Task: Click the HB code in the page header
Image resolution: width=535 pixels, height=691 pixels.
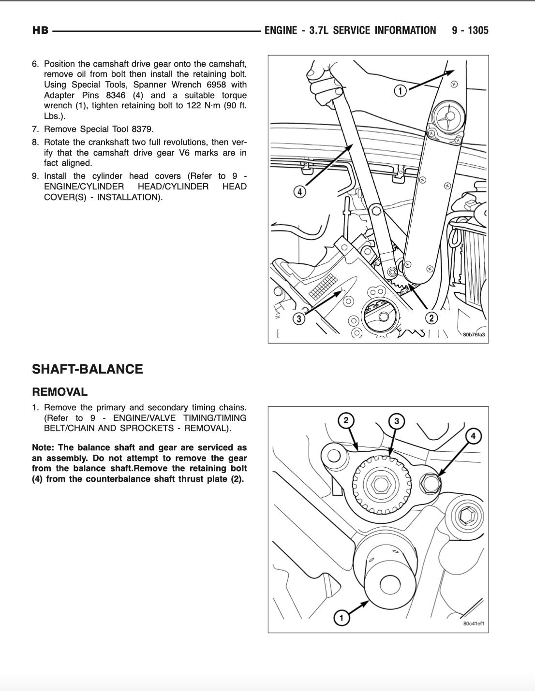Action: (x=40, y=30)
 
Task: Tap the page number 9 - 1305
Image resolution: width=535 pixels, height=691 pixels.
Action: (x=470, y=30)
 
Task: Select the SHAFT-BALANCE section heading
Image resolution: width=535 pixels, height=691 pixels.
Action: (x=87, y=369)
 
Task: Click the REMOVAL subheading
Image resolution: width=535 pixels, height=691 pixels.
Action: (x=59, y=392)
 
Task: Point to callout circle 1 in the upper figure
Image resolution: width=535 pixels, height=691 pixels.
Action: (x=400, y=90)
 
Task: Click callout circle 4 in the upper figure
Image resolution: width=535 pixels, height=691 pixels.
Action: (x=300, y=192)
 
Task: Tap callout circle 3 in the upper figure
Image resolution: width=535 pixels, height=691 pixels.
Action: (x=299, y=318)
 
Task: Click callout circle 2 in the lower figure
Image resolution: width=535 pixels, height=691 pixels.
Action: (x=346, y=420)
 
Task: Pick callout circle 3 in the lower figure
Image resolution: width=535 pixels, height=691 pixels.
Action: (x=397, y=421)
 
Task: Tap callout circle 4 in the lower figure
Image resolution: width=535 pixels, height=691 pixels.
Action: (x=473, y=436)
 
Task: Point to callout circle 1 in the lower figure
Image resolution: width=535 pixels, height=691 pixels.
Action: (x=342, y=618)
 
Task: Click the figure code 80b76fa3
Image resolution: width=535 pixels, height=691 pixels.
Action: (x=474, y=334)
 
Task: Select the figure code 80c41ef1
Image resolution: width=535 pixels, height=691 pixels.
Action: (x=474, y=623)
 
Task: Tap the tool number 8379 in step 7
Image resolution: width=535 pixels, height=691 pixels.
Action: (x=142, y=129)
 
